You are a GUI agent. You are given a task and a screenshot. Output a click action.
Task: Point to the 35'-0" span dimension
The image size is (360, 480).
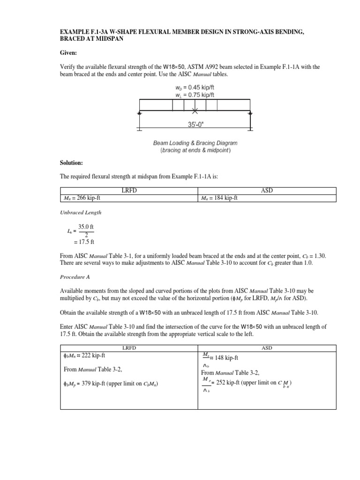tap(195, 125)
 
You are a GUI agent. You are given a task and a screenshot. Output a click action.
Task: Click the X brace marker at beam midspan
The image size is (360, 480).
tap(195, 111)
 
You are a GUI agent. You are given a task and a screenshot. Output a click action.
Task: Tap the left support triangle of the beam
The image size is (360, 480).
tap(139, 113)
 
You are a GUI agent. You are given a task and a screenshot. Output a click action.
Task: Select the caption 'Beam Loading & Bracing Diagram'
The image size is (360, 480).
tap(195, 142)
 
